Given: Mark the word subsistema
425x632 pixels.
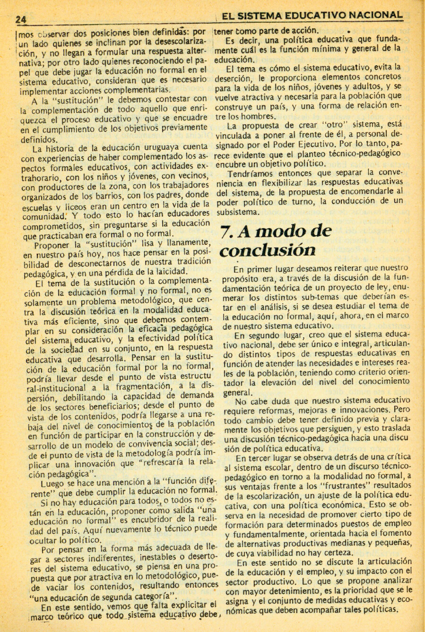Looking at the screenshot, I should (238, 212).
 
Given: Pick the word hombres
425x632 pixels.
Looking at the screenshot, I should (258, 116).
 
